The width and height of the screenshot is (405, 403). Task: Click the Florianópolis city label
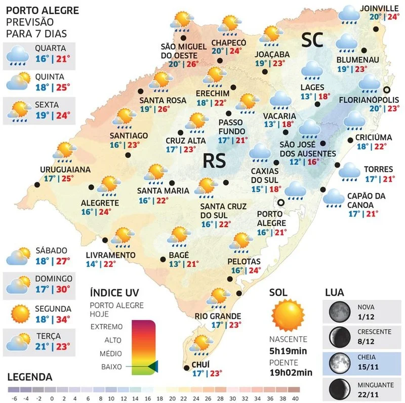click(367, 99)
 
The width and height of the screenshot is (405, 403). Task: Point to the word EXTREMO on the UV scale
click(106, 327)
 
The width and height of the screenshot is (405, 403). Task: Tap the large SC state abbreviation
click(313, 41)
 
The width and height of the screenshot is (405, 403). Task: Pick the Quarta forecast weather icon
click(18, 54)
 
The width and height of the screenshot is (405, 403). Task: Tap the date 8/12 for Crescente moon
click(366, 341)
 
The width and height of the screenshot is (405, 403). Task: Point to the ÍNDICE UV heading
click(113, 293)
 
